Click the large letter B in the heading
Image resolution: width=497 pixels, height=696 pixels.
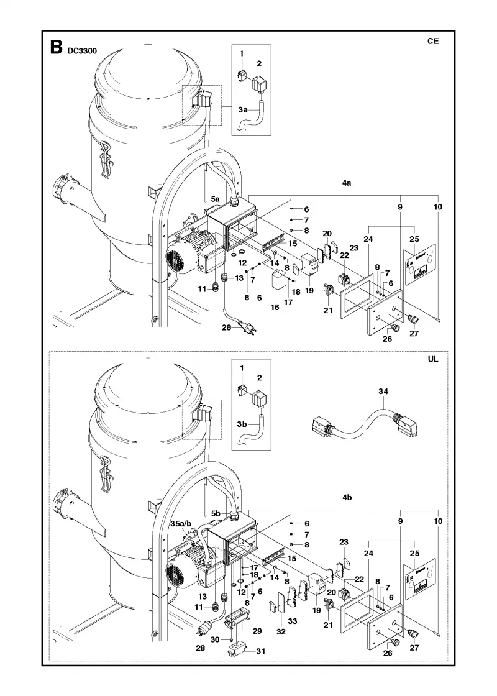[56, 47]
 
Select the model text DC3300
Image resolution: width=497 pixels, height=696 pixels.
[82, 51]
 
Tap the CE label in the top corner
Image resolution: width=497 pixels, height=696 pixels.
[432, 41]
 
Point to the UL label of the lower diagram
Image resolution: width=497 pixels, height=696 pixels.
[432, 359]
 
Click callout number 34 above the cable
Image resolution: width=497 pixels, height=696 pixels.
[383, 391]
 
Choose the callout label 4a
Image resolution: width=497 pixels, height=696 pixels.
[347, 183]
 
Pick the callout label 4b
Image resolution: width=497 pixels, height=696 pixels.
[347, 498]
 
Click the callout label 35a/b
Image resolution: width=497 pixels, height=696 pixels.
[181, 524]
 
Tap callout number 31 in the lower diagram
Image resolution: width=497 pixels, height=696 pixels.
[261, 651]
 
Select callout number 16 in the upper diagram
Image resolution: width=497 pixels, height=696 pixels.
[275, 307]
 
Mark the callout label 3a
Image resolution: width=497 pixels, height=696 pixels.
[242, 109]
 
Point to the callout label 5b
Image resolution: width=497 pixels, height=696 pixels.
[216, 513]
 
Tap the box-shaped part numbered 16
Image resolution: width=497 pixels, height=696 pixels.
[279, 280]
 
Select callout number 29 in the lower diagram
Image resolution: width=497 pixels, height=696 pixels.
[257, 631]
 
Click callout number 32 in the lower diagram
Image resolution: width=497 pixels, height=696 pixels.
[281, 631]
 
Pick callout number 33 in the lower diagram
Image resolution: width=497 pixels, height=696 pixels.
[293, 621]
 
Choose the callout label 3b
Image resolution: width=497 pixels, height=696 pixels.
[242, 424]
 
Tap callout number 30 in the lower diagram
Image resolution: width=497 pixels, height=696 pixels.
[215, 639]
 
